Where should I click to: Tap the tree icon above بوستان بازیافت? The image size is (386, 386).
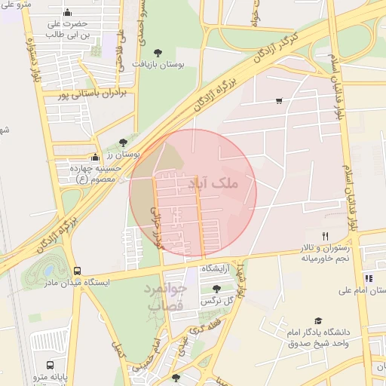point(158,52)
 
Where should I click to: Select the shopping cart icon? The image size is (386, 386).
point(279,101)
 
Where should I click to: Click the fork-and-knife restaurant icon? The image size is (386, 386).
point(325,236)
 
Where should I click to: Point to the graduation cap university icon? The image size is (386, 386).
point(317,321)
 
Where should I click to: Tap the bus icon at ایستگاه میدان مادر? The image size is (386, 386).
point(77,271)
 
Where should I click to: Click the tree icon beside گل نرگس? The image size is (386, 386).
point(217,289)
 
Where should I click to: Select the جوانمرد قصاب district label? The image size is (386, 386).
point(164,297)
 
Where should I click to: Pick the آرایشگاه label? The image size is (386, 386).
point(215,268)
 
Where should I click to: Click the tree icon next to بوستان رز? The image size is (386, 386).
point(124,142)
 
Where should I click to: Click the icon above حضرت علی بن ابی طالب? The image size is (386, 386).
point(69,13)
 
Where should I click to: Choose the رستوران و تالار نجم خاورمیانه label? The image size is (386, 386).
point(326,253)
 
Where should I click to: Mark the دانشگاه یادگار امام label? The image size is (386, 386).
point(319,338)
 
